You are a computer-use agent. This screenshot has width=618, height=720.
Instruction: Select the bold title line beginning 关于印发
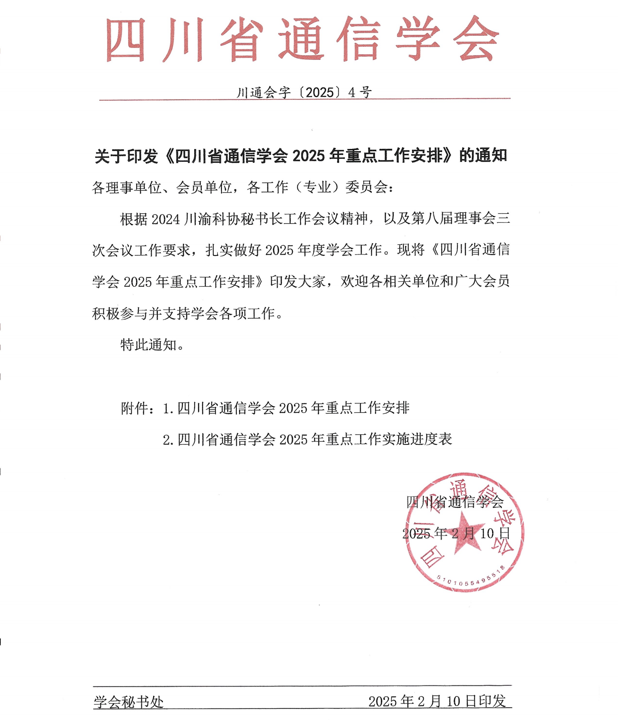[301, 156]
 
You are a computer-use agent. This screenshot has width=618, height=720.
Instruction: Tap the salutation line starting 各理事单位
[243, 187]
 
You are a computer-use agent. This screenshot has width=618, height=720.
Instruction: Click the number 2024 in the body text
[165, 219]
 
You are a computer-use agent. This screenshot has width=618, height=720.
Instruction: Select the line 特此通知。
[152, 345]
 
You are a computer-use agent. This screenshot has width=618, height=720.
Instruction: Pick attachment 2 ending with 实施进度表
[308, 440]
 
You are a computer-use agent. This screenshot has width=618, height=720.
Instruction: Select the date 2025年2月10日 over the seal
[456, 533]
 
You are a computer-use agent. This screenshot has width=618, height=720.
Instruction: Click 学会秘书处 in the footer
[129, 702]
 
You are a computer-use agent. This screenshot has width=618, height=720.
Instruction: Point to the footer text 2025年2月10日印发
[437, 701]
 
